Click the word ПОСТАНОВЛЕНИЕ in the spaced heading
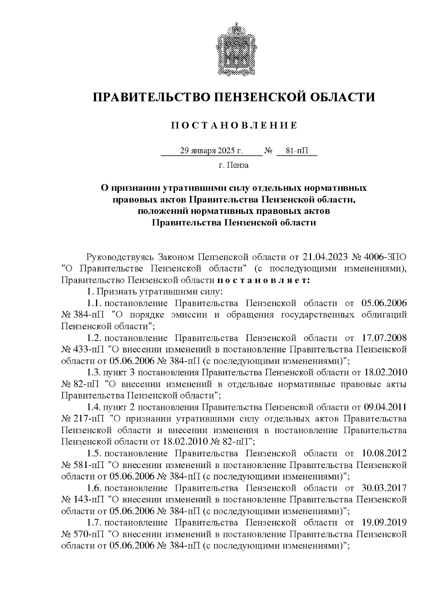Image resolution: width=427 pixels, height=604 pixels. [x=234, y=126]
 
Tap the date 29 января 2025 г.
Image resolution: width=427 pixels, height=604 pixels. [x=211, y=151]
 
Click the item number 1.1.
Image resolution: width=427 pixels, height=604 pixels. [x=95, y=303]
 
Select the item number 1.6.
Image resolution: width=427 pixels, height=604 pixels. [x=95, y=488]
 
